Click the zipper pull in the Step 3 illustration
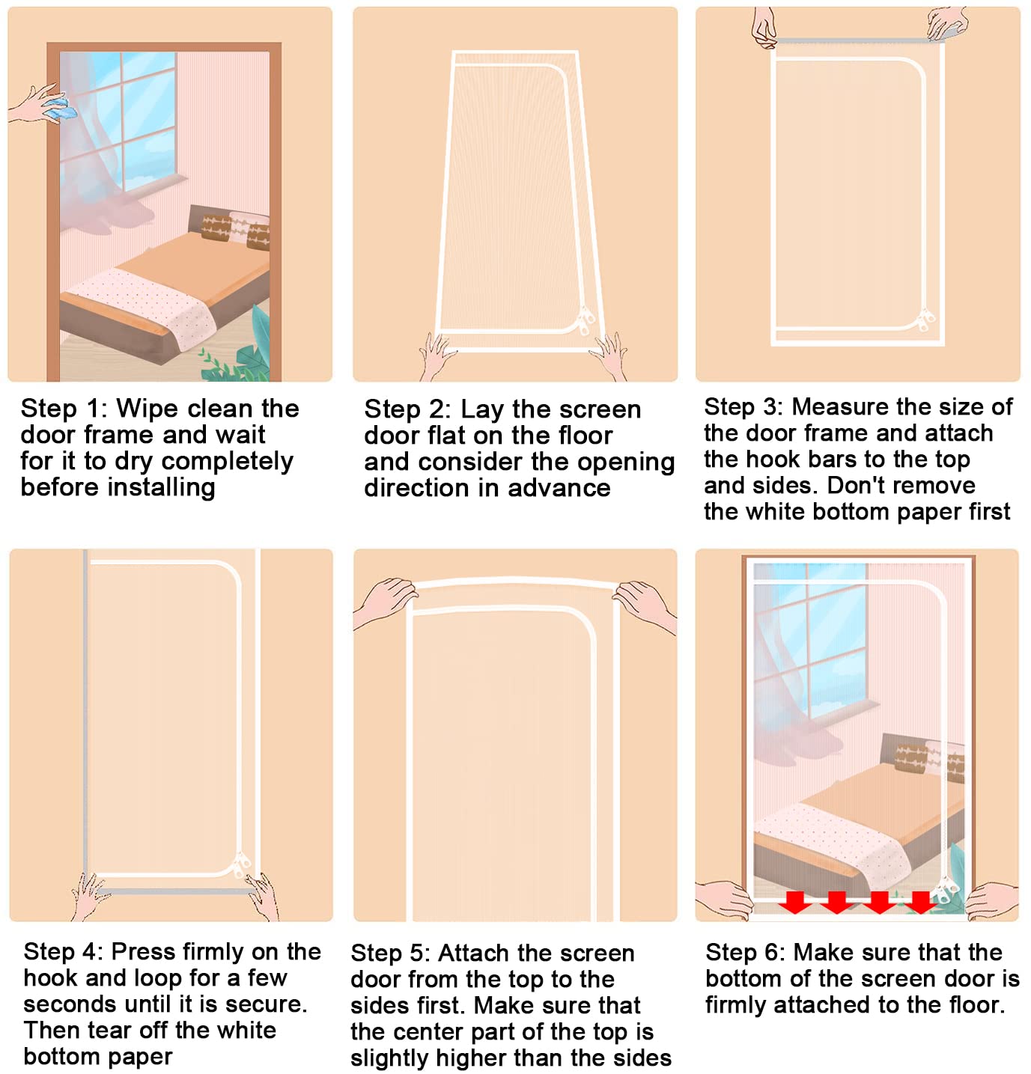click(x=925, y=319)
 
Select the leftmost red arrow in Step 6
click(x=794, y=901)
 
